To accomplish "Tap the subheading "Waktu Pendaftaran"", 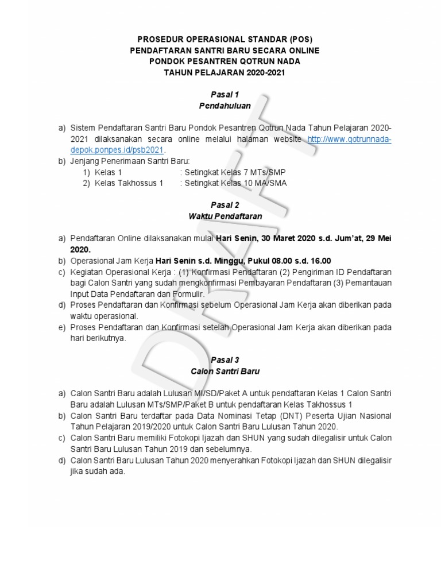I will click(x=225, y=216).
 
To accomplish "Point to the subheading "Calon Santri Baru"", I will click(x=225, y=372).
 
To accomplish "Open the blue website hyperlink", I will click(x=349, y=140).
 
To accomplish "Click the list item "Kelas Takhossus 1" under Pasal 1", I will click(x=129, y=183).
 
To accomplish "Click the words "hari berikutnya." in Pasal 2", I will click(x=98, y=338).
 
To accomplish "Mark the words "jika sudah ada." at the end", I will click(x=98, y=471).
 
